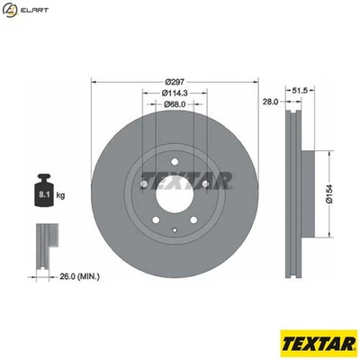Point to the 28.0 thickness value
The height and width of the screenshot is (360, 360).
pos(268,103)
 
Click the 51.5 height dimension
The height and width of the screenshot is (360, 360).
pos(303,91)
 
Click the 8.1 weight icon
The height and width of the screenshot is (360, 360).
pos(43,191)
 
